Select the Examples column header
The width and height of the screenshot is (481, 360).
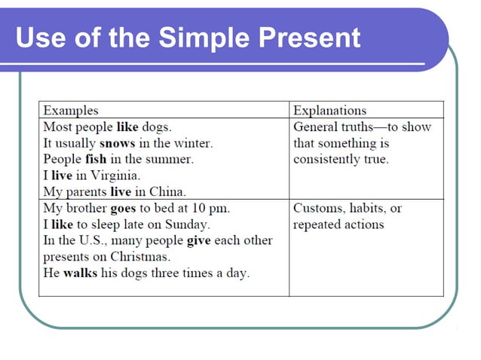(x=70, y=110)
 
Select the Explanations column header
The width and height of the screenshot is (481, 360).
(x=329, y=110)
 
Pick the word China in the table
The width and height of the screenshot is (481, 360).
(x=166, y=191)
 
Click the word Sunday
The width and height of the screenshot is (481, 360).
(x=187, y=224)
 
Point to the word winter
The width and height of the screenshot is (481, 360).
(x=192, y=143)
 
